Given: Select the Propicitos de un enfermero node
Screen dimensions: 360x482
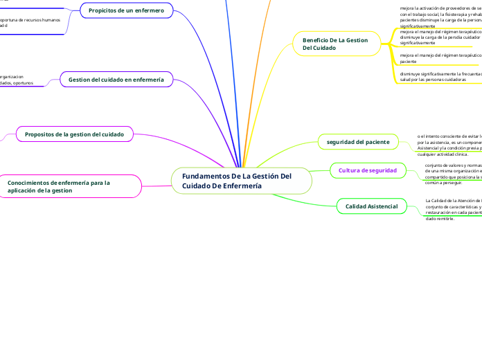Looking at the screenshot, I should point(126,11).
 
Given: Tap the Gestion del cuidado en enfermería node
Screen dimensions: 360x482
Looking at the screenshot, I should point(116,80).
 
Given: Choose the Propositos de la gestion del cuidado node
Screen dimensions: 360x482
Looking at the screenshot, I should point(74,134).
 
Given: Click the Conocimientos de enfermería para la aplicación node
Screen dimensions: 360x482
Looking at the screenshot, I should point(69,186).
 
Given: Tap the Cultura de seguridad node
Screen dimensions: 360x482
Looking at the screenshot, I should point(367,170).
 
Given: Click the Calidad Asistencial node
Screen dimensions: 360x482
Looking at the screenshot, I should point(371,206).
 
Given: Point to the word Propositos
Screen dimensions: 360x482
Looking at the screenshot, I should point(42,134).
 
